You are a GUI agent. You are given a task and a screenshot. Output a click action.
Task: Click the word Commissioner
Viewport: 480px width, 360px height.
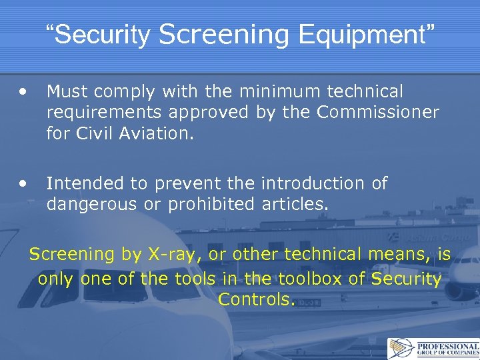coord(378,112)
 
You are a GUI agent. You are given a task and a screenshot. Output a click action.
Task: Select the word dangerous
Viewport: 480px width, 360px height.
coord(93,204)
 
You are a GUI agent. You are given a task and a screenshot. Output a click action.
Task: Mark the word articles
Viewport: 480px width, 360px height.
coord(297,204)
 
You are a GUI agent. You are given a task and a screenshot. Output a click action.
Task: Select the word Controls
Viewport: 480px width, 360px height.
coord(255,299)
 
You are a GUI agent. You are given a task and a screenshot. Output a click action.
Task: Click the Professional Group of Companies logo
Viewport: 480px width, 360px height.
coord(433,348)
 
